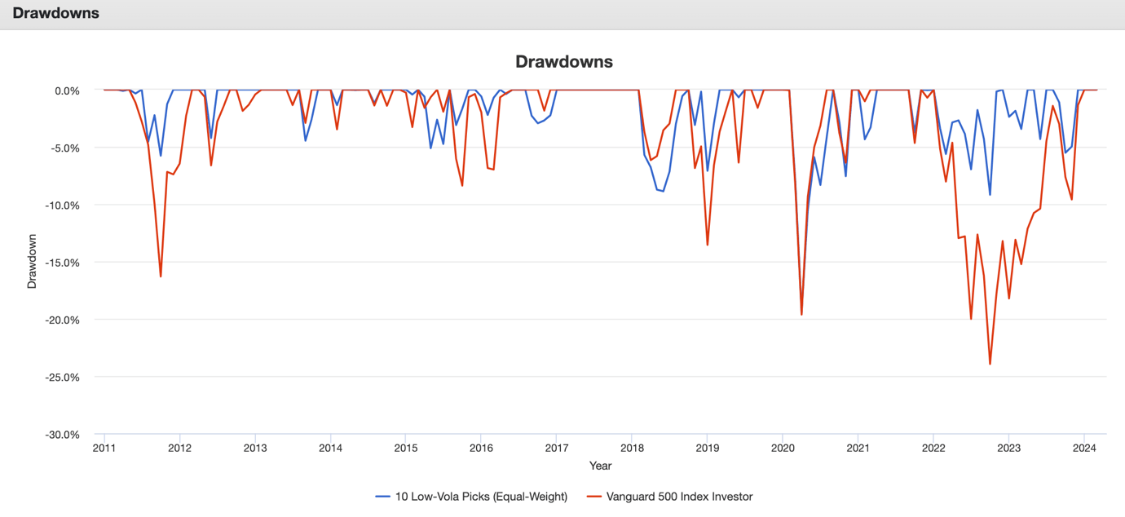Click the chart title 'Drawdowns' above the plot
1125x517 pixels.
coord(564,62)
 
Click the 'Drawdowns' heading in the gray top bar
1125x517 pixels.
coord(56,13)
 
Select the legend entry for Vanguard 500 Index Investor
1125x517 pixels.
coord(679,496)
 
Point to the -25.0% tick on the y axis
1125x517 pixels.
coord(61,377)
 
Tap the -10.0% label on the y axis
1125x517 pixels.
coord(61,205)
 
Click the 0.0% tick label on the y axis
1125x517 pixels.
coord(66,91)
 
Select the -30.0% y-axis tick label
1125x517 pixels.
coord(61,435)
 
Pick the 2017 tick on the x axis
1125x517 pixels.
coord(557,448)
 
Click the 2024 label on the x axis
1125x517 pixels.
coord(1083,448)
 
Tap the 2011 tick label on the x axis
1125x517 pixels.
coord(104,448)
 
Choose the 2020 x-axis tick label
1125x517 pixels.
coord(783,448)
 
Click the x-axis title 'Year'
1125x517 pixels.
coord(600,466)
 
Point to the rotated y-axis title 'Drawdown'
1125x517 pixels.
coord(33,261)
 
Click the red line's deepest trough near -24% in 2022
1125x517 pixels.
coord(990,364)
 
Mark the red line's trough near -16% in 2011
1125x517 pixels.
coord(161,276)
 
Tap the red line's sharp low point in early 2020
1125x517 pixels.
coord(801,315)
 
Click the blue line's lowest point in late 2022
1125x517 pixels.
coord(990,194)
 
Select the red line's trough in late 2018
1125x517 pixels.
coord(708,245)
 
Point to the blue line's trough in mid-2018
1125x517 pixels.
coord(664,191)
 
